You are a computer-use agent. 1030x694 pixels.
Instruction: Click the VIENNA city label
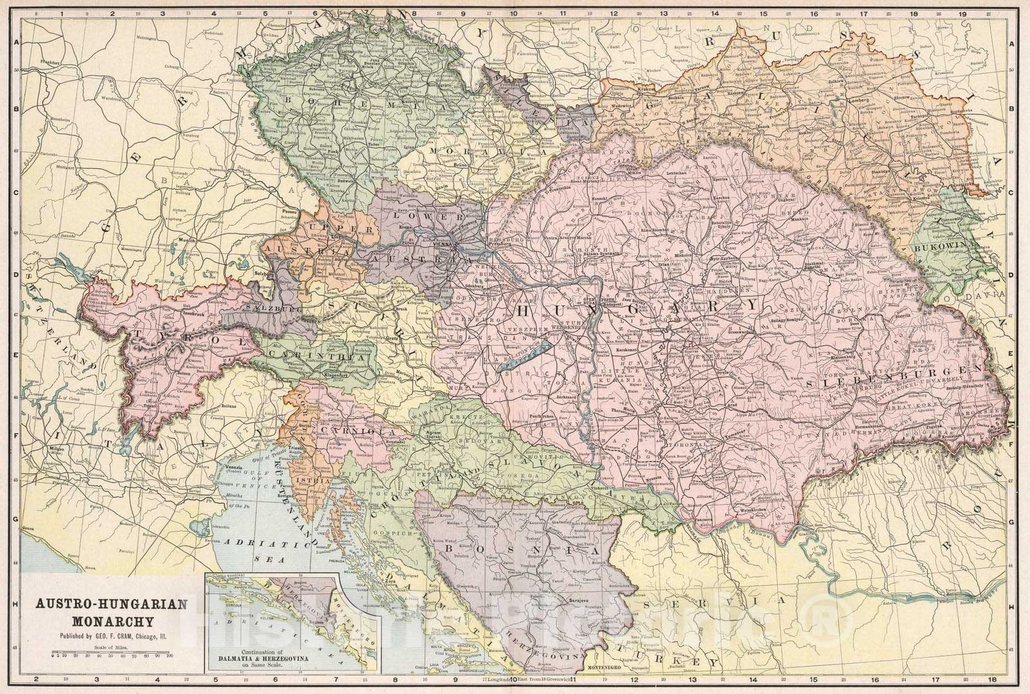(x=444, y=246)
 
